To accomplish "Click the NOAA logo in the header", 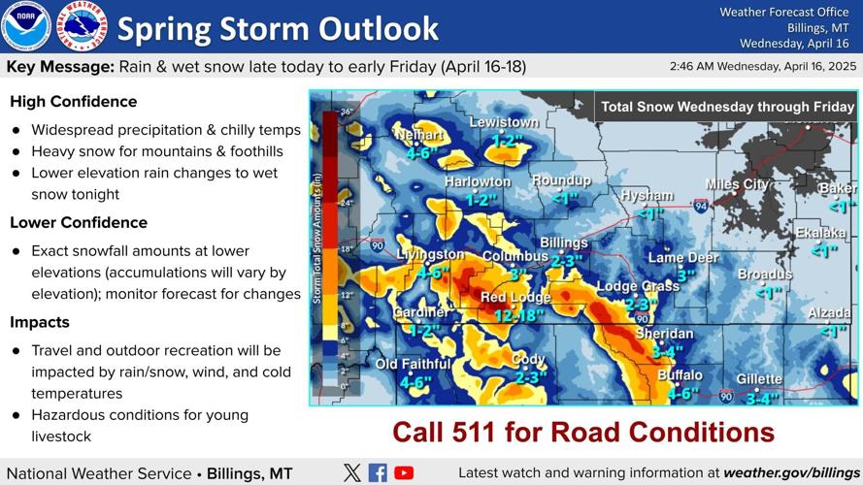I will coord(26,26).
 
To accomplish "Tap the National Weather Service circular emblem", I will coord(82,26).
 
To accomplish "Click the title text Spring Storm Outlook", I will coord(278,28).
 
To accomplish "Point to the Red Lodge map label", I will coord(515,298).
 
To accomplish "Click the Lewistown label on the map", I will coord(504,123).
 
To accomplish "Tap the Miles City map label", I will coord(737,184).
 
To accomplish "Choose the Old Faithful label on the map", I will coord(413,364).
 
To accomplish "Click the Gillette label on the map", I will coord(759,379).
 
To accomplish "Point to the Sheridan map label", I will coord(664,334).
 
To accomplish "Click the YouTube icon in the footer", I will coord(404,473).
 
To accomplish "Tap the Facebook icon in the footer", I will coord(378,473).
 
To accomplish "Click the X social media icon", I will coord(352,473).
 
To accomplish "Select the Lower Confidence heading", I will coord(79,223).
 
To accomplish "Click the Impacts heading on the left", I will coord(40,322).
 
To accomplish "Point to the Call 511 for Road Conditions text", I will coord(583,432).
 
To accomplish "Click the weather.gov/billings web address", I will coord(792,473).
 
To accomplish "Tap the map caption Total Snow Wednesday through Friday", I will coord(727,108).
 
